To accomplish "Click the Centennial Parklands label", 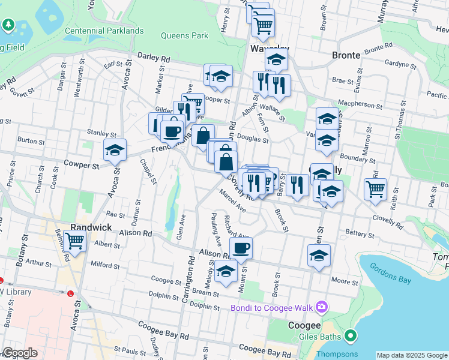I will point(104,31).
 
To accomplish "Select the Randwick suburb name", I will point(91,227).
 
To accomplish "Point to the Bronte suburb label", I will point(346,55).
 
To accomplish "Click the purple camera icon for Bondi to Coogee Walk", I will point(322,307).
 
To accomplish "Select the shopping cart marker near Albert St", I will point(75,241).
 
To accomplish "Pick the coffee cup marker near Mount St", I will point(241,248).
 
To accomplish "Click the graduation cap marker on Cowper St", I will point(115,150).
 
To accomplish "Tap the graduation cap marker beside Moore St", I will point(319,255).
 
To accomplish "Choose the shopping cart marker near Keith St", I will point(375,188).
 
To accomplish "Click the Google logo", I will point(20,353).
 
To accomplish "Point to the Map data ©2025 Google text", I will point(411,355).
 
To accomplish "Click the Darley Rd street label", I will point(154,58).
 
